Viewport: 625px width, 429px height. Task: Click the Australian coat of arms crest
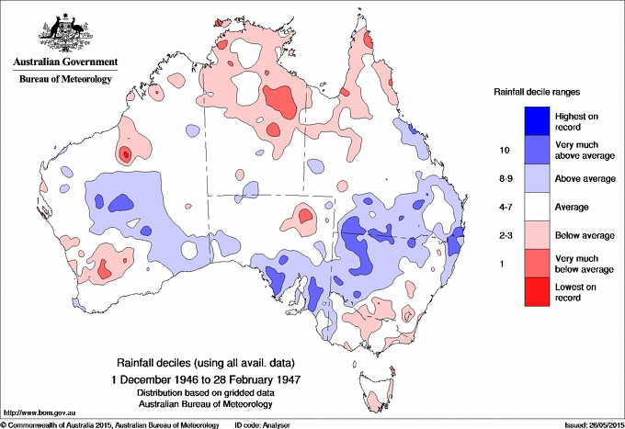pyautogui.click(x=63, y=33)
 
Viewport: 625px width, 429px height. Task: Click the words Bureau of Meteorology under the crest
pyautogui.click(x=64, y=80)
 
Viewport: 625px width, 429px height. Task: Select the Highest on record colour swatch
pyautogui.click(x=538, y=120)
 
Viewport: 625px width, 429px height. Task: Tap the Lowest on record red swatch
pyautogui.click(x=538, y=291)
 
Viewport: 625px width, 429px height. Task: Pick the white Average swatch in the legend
pyautogui.click(x=538, y=206)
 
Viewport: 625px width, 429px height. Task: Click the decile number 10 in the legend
pyautogui.click(x=502, y=149)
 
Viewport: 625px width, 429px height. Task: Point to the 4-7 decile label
pyautogui.click(x=502, y=207)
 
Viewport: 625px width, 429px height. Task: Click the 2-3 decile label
pyautogui.click(x=502, y=235)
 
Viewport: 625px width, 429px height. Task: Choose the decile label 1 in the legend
pyautogui.click(x=502, y=264)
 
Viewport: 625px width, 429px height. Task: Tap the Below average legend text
pyautogui.click(x=585, y=235)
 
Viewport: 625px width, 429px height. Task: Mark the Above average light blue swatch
pyautogui.click(x=538, y=177)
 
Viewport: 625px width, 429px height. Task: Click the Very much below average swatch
pyautogui.click(x=538, y=263)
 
